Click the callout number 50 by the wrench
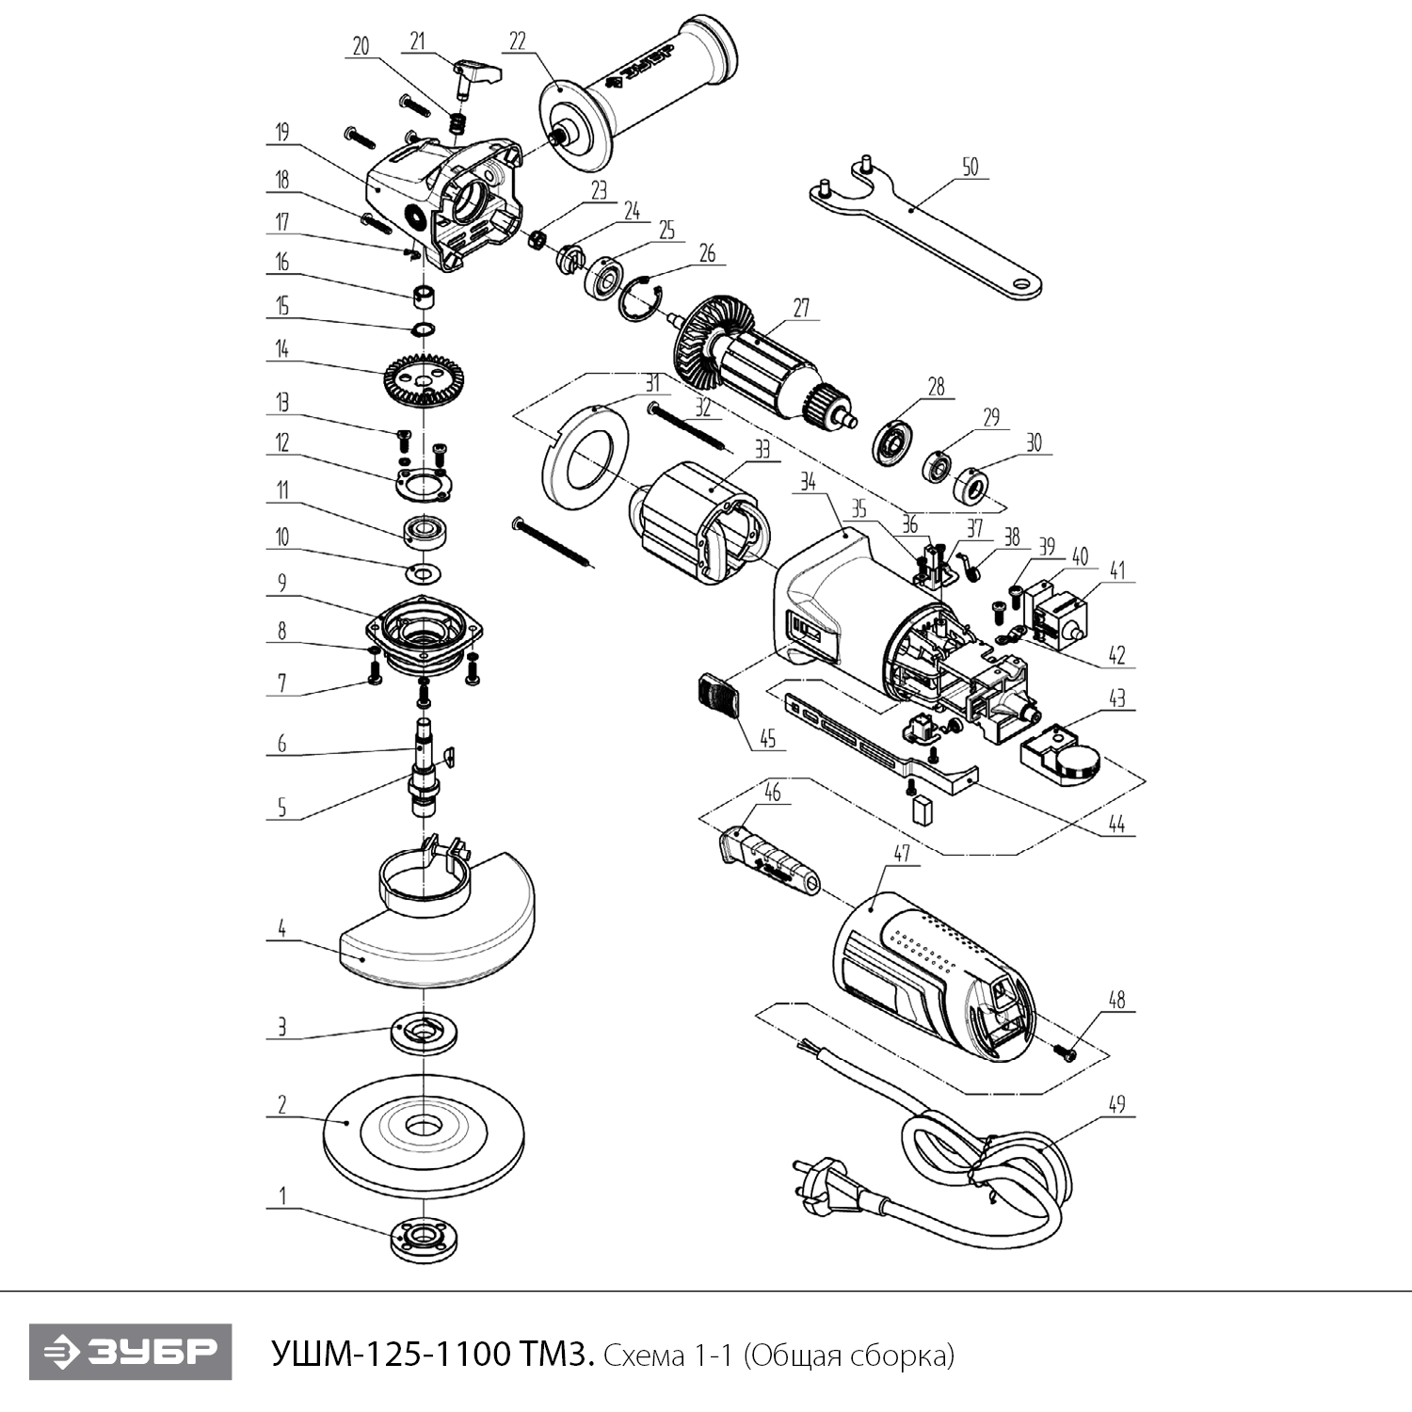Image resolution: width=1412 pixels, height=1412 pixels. (x=970, y=168)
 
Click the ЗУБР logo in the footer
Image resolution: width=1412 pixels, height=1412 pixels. (x=130, y=1353)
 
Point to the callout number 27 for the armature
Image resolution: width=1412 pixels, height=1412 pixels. (x=801, y=309)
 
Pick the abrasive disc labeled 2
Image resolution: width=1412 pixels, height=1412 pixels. (x=424, y=1130)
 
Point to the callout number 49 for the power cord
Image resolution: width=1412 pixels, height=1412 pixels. (x=1116, y=1104)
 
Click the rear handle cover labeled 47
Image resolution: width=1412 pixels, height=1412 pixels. (x=932, y=979)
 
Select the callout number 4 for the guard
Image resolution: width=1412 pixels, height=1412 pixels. (x=281, y=929)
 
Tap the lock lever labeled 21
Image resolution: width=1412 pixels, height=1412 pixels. (x=476, y=74)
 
